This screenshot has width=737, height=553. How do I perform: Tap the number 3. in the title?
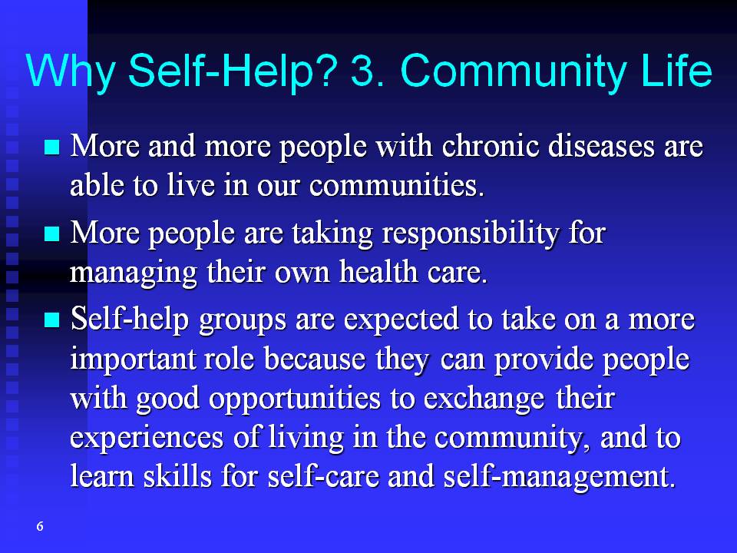[368, 71]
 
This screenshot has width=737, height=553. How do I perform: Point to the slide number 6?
[40, 526]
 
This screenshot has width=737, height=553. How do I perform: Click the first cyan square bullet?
[52, 147]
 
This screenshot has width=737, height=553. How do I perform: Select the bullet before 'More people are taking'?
[52, 233]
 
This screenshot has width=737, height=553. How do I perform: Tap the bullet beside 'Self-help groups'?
[52, 320]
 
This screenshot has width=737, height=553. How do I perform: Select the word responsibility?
[470, 234]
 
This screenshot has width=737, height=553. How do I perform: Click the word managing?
[133, 273]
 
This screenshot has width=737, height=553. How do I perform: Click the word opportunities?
[295, 399]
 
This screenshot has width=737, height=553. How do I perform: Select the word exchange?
[484, 399]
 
